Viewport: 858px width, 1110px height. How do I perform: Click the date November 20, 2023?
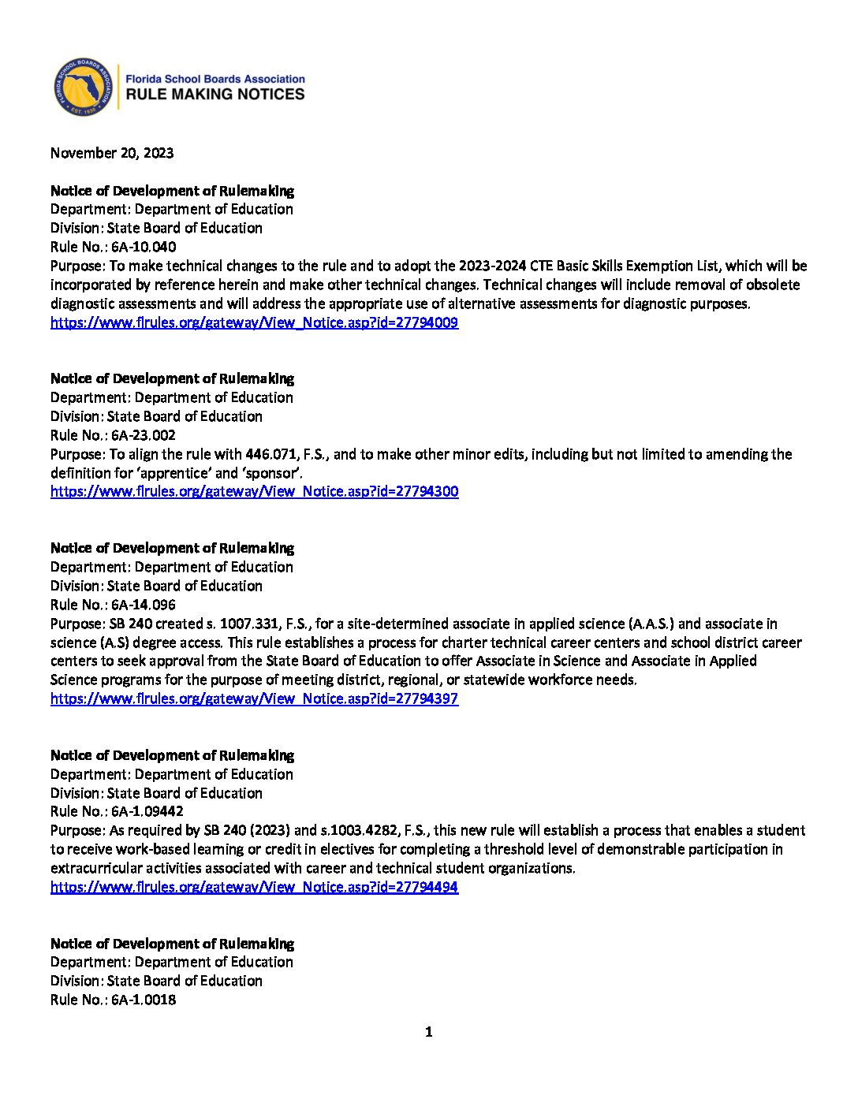[112, 153]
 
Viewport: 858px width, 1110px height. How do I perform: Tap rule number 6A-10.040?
[144, 247]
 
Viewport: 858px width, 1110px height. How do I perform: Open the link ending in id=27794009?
[254, 322]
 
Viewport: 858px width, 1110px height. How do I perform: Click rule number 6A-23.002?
[144, 435]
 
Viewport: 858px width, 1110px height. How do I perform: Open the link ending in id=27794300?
[254, 491]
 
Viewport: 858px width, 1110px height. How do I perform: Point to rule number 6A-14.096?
[144, 605]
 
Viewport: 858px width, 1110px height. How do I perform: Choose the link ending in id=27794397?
[254, 698]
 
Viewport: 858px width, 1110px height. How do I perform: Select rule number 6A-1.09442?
[147, 811]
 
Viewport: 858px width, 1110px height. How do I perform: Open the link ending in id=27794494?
[254, 887]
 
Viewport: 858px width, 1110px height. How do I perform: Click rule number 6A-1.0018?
[144, 1000]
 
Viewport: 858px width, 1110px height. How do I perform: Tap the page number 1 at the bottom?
[429, 1032]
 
